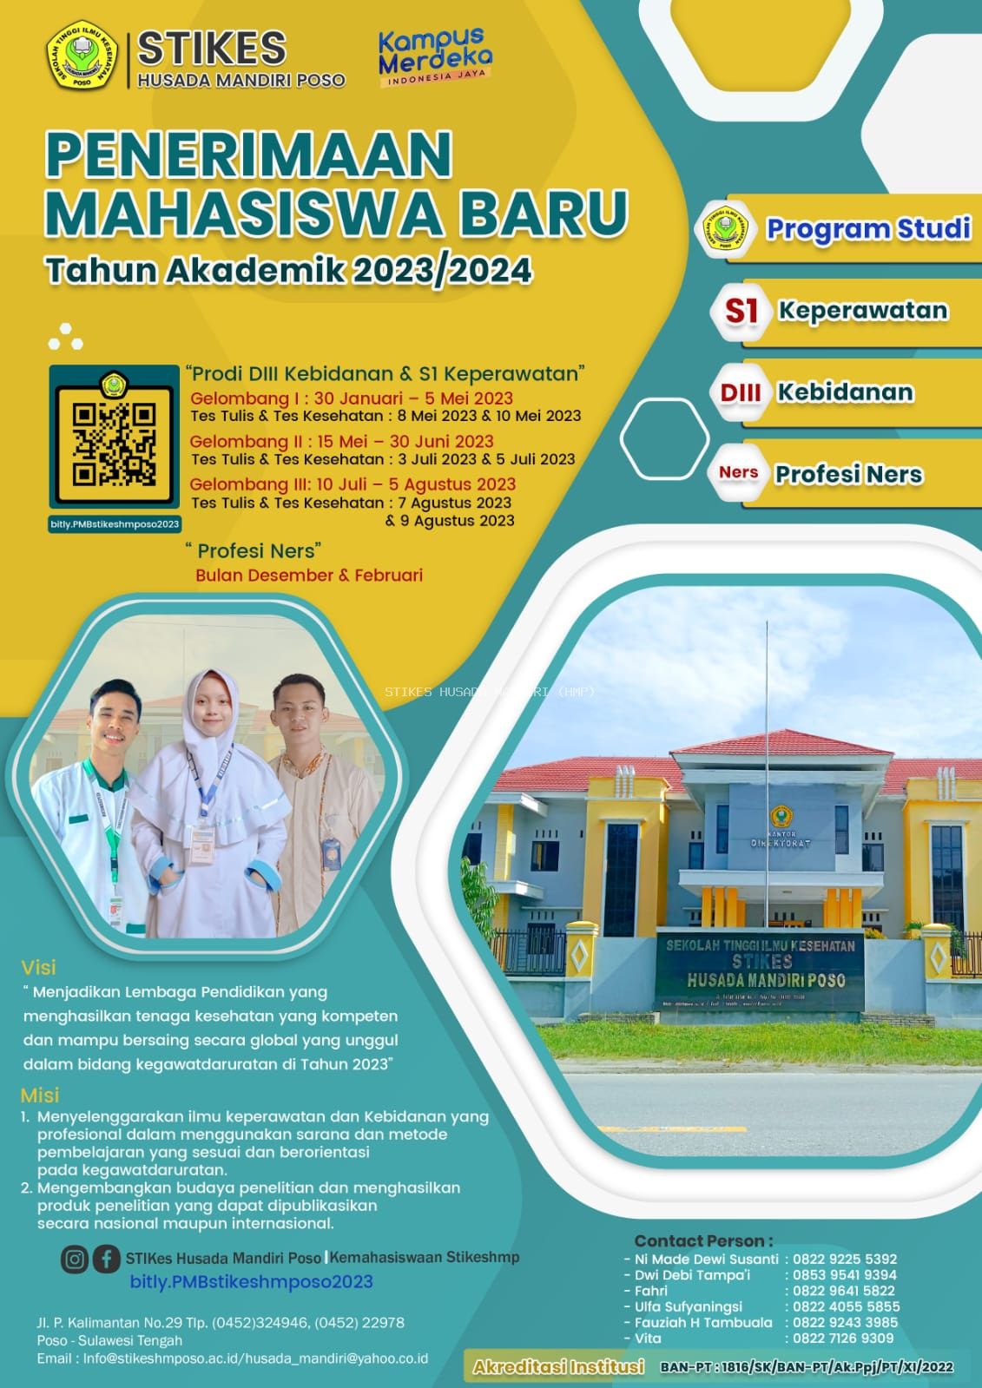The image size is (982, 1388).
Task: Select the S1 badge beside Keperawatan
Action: point(741,311)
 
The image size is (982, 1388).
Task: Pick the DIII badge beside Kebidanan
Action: point(740,392)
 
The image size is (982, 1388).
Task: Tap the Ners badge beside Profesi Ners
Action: point(738,473)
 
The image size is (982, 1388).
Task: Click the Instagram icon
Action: point(75,1259)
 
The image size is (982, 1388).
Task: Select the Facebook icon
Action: point(106,1259)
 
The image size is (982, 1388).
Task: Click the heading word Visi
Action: point(38,967)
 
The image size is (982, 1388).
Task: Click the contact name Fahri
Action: point(651,1291)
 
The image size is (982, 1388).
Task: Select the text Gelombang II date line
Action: point(341,441)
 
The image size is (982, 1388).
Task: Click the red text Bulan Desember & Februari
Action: point(309,576)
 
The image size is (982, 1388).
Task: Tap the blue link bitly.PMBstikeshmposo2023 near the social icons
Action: point(251,1282)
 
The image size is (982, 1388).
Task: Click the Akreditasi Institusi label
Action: point(558,1367)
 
